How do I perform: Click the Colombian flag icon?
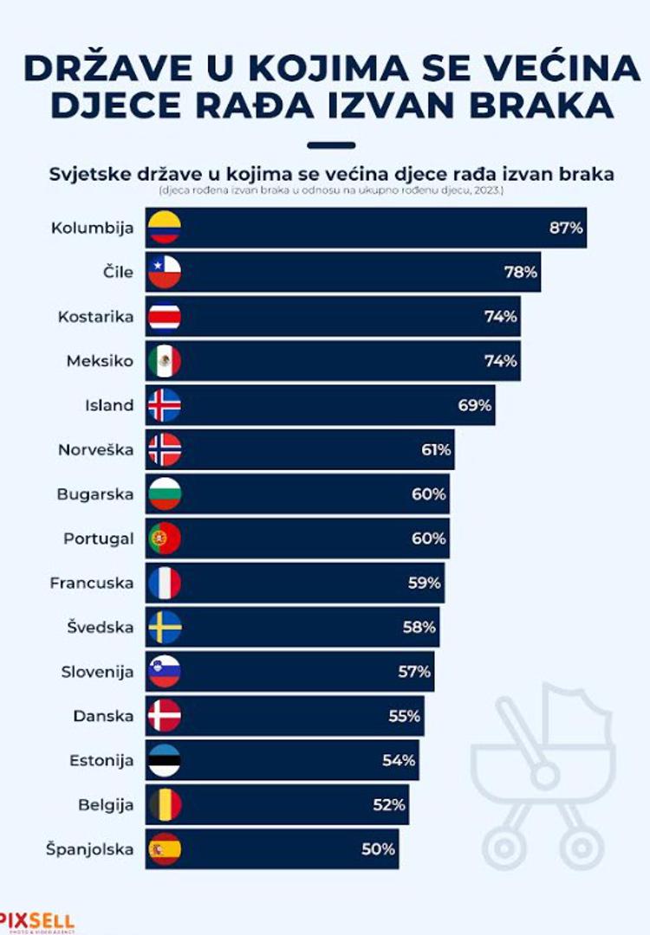tap(164, 228)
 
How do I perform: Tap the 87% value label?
tap(567, 229)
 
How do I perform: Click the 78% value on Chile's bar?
tap(521, 273)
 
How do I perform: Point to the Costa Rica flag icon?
tap(164, 317)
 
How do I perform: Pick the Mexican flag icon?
tap(164, 361)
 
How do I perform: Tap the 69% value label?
tap(475, 405)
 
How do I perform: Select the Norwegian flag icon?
tap(164, 449)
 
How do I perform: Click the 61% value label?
tap(434, 449)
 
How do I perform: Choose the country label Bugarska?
tap(95, 494)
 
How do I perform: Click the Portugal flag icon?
tap(164, 538)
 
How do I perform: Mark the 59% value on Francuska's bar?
tap(425, 583)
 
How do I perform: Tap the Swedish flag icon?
tap(164, 627)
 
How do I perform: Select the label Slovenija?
tap(97, 672)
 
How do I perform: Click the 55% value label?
tap(404, 716)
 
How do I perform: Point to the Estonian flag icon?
tap(164, 760)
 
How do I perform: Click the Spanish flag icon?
tap(164, 849)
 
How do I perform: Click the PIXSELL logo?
tap(36, 921)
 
